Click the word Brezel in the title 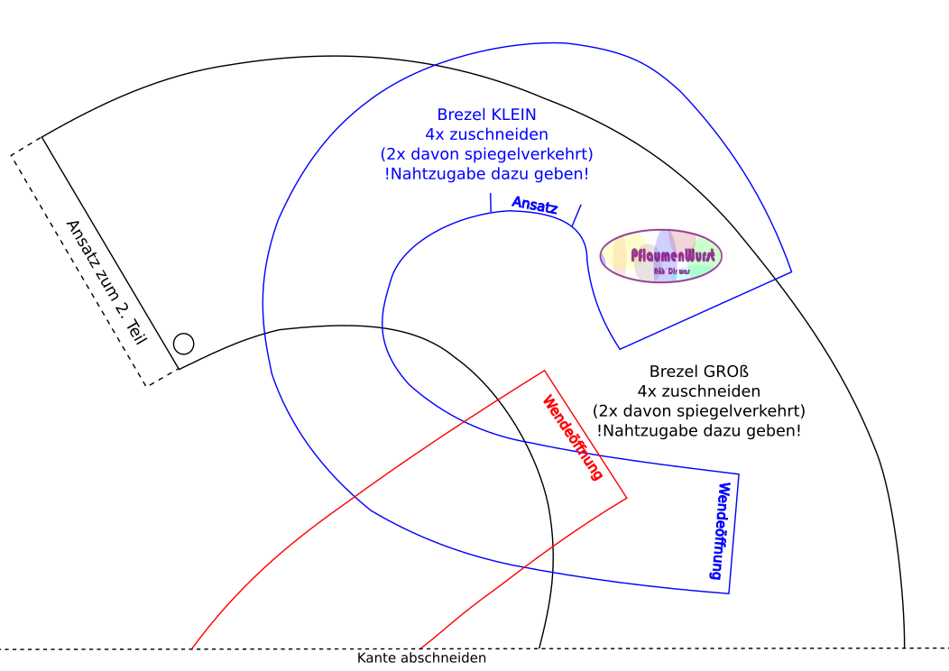[x=461, y=115]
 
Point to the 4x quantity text [x=435, y=134]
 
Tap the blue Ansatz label [x=535, y=205]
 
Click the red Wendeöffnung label [x=572, y=437]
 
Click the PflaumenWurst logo [x=661, y=255]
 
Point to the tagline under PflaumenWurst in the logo [x=671, y=271]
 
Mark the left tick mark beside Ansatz [x=490, y=202]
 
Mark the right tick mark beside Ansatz [x=576, y=215]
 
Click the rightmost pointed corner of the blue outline [x=792, y=271]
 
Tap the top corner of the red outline [x=544, y=370]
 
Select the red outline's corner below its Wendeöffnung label [x=626, y=497]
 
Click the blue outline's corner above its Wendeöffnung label [x=739, y=473]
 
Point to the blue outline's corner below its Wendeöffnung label [x=728, y=593]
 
